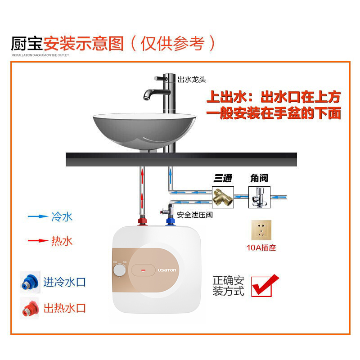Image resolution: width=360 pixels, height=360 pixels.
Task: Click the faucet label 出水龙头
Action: pyautogui.click(x=192, y=80)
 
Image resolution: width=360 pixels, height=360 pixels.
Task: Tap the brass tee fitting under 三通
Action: pyautogui.click(x=223, y=197)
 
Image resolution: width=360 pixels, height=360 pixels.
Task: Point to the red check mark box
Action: pyautogui.click(x=264, y=285)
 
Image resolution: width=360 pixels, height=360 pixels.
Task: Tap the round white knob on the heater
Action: pyautogui.click(x=120, y=270)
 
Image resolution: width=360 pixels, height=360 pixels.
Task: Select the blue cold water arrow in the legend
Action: pyautogui.click(x=38, y=216)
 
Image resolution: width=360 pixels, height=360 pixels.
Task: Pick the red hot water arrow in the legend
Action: pyautogui.click(x=38, y=241)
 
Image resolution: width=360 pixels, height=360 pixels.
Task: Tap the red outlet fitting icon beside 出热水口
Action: pyautogui.click(x=29, y=308)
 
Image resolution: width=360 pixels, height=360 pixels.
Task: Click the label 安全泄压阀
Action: pyautogui.click(x=194, y=215)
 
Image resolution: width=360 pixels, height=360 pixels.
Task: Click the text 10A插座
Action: pyautogui.click(x=261, y=248)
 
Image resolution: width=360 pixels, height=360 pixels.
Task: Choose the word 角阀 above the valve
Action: pyautogui.click(x=259, y=179)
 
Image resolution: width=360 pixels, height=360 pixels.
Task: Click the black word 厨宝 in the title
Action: pyautogui.click(x=27, y=44)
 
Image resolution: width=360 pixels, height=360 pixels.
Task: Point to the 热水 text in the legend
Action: pyautogui.click(x=62, y=241)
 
